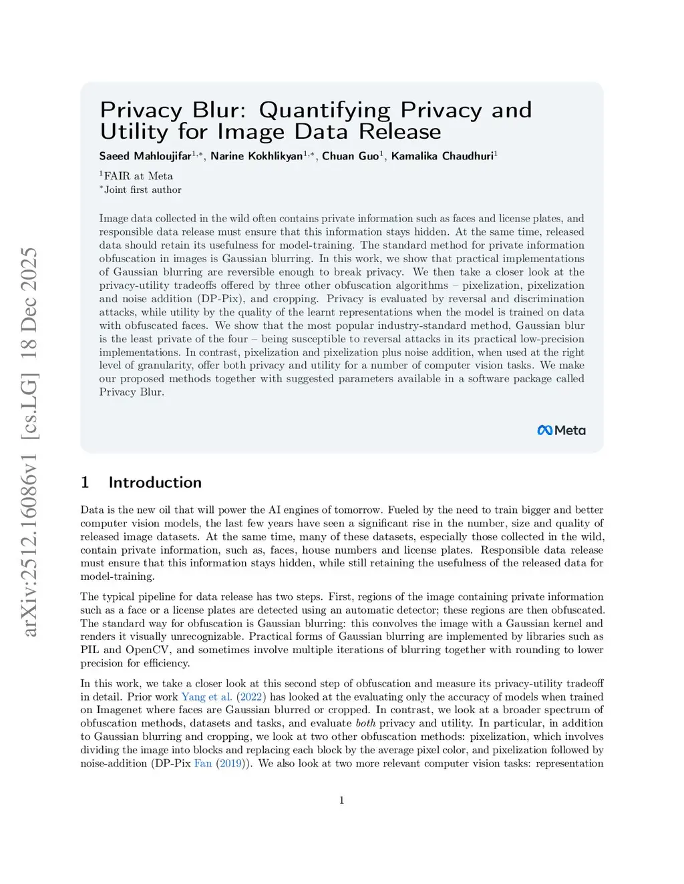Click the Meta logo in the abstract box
coord(561,430)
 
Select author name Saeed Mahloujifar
coord(145,156)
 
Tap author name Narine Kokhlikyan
coord(256,156)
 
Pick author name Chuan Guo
coord(350,156)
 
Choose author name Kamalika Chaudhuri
coord(442,156)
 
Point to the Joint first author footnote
coord(142,189)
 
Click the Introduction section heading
coord(155,482)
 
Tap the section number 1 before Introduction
coord(85,482)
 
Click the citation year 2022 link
coord(251,697)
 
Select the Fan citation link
coord(202,763)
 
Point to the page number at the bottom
coord(342,801)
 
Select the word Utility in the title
coord(134,131)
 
